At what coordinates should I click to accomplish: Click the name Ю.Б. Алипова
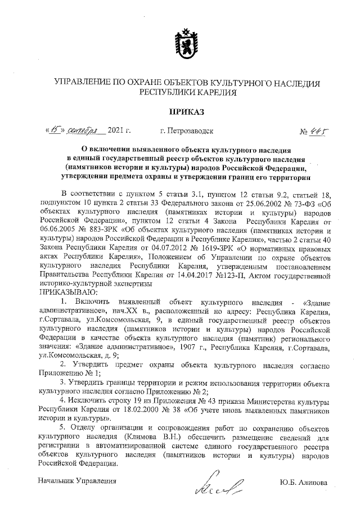pyautogui.click(x=302, y=481)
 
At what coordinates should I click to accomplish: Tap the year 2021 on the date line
pyautogui.click(x=118, y=131)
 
